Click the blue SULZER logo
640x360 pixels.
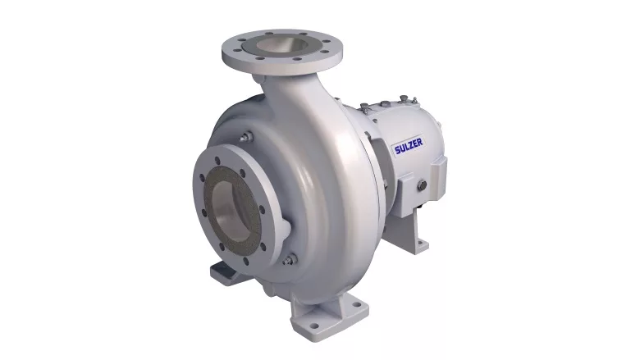pos(408,146)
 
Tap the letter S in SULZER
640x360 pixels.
pos(397,150)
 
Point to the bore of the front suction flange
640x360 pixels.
pos(230,212)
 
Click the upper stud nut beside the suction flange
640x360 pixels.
pos(245,137)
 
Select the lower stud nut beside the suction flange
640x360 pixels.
pos(290,259)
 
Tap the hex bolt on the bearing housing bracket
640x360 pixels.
pos(422,185)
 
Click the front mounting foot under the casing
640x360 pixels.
pos(329,316)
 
